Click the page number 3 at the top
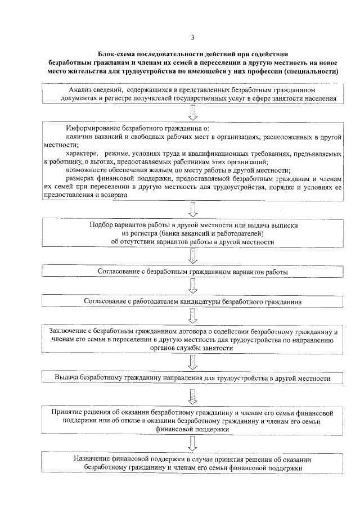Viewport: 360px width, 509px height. pos(192,38)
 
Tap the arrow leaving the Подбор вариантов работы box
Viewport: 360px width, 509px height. pos(192,256)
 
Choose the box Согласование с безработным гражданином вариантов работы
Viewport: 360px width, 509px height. pos(192,272)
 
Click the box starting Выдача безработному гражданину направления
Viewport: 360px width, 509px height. pos(192,379)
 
